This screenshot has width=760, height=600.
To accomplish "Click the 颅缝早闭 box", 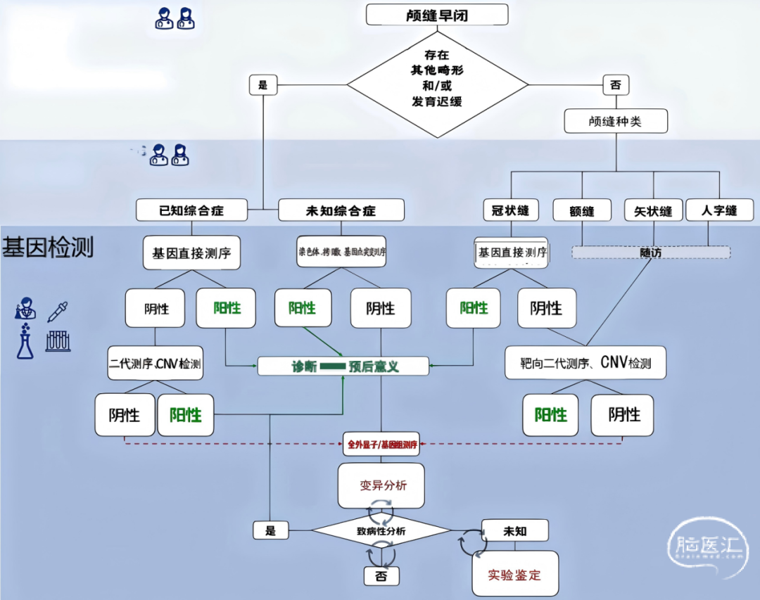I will click(x=437, y=14).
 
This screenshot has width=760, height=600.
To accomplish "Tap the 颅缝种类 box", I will click(x=615, y=121).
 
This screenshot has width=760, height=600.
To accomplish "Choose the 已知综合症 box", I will click(x=192, y=210).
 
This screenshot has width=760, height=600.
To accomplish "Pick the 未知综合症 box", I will click(x=341, y=210).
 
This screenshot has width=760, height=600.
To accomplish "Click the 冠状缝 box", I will click(x=510, y=210).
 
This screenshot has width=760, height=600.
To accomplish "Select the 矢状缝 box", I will click(x=653, y=210).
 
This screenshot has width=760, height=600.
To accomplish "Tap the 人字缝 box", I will click(x=719, y=210).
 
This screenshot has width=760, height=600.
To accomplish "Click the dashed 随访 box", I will click(x=650, y=252).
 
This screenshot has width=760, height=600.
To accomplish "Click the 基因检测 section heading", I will click(x=48, y=248).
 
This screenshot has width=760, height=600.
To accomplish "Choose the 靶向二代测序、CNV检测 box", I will click(x=585, y=364).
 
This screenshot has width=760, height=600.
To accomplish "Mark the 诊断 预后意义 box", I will click(x=343, y=366).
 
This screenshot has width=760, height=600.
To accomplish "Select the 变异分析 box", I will click(x=381, y=485).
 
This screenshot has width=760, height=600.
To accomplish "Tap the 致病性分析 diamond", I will click(x=381, y=531).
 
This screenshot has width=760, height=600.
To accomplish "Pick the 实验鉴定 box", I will click(x=514, y=574).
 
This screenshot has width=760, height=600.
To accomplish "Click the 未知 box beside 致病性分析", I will click(x=514, y=530).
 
